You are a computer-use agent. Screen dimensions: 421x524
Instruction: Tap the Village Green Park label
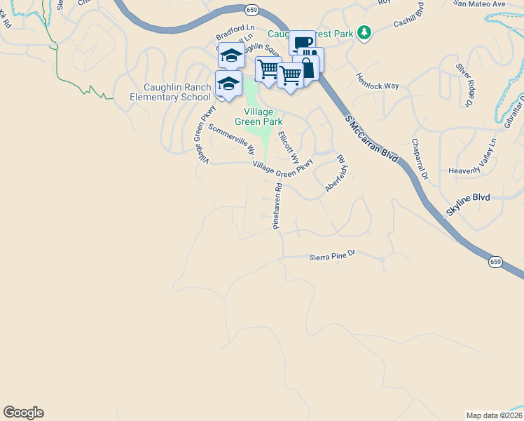tap(263, 116)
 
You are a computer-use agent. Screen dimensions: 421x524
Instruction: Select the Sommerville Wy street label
tap(231, 139)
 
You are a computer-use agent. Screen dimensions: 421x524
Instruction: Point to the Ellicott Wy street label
tap(288, 145)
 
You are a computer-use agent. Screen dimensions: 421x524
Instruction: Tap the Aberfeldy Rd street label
tap(336, 175)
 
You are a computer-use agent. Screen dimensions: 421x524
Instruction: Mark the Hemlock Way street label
tap(377, 81)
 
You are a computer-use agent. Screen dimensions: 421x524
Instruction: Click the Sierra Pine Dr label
tap(333, 257)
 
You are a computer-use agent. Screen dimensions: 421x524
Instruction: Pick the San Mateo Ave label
tap(479, 4)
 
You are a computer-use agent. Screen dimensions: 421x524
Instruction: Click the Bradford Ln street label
tap(234, 34)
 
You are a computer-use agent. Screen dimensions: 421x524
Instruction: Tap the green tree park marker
tap(364, 32)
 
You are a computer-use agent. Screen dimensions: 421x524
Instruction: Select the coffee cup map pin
tap(303, 43)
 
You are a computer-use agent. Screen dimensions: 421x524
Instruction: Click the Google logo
tap(23, 413)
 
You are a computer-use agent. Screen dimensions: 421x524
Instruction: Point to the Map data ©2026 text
tap(495, 415)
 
